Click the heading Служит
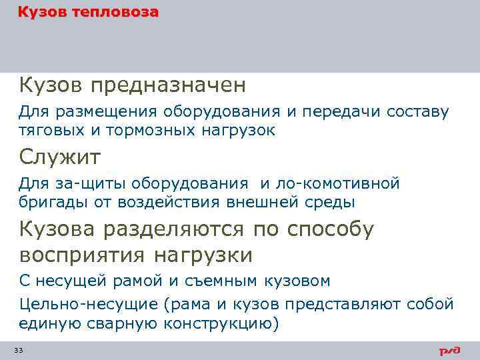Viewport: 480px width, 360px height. coord(60,157)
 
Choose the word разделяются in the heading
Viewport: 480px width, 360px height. coord(179,229)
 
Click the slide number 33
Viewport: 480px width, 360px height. coord(19,351)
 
